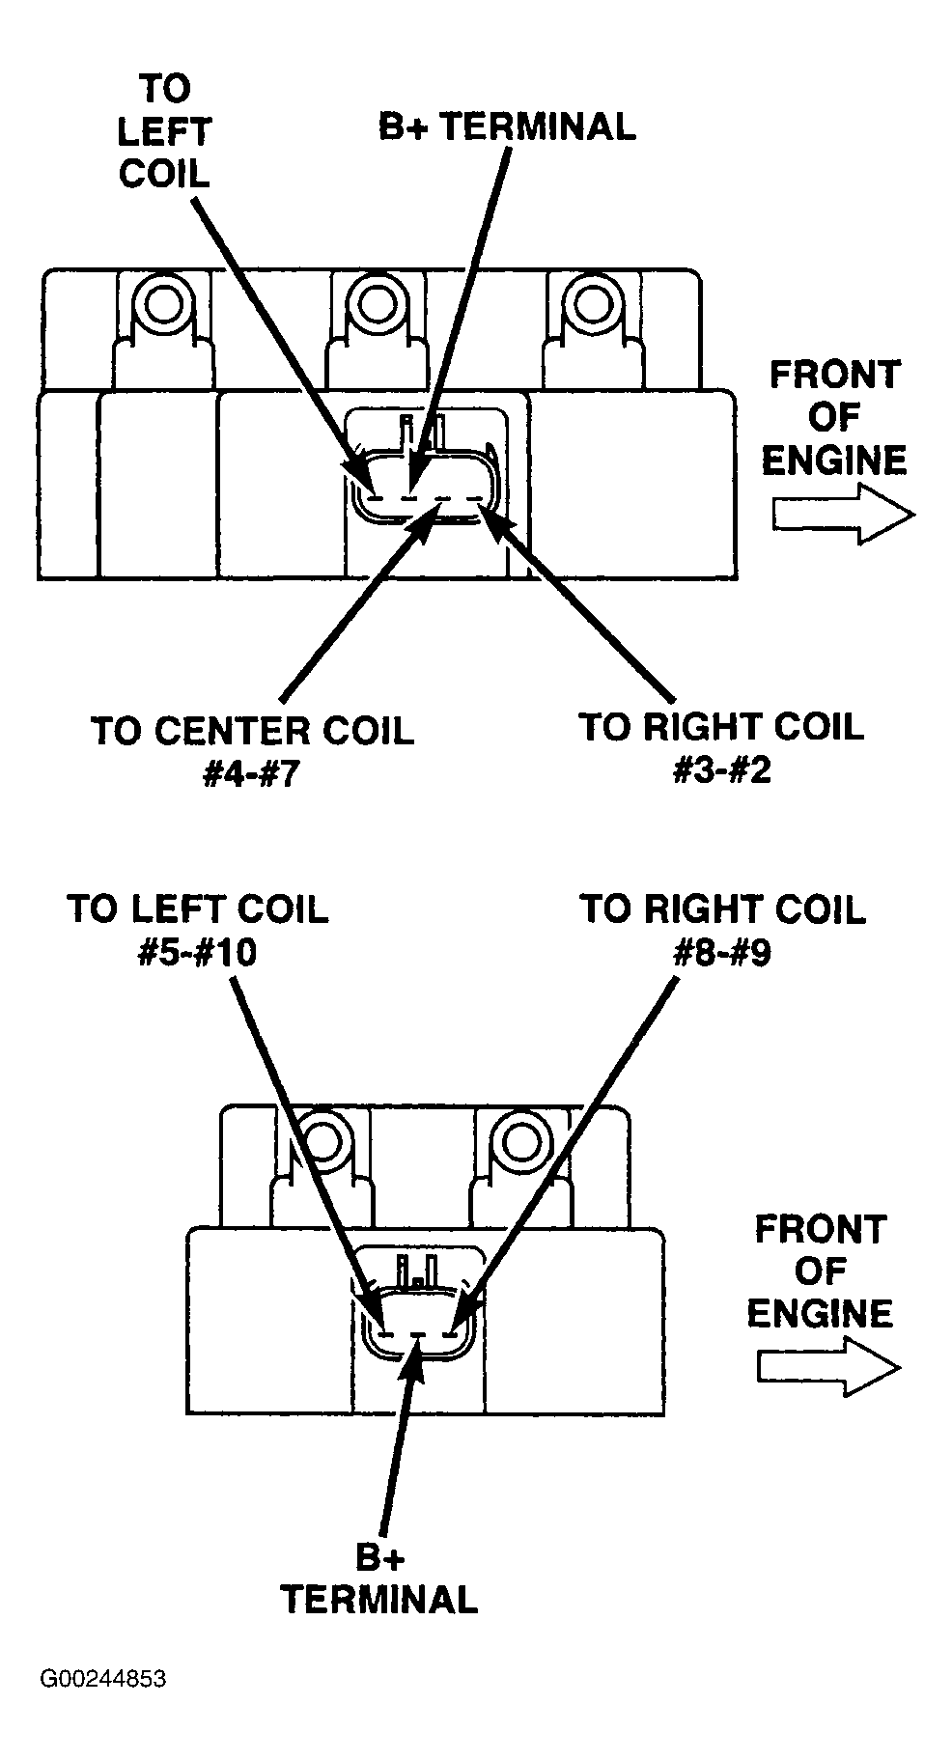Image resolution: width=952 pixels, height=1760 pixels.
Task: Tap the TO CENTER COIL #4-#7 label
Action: tap(252, 751)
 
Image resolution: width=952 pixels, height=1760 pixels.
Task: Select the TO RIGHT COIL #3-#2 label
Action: tap(721, 747)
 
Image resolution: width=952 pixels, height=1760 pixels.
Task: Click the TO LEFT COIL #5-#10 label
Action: tap(198, 930)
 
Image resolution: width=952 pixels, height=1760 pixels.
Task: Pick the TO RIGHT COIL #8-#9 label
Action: tap(722, 930)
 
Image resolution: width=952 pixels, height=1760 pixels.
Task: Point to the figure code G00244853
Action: tap(103, 1706)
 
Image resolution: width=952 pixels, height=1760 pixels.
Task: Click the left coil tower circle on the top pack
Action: tap(156, 305)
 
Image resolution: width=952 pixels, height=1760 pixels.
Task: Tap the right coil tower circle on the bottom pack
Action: tap(521, 1140)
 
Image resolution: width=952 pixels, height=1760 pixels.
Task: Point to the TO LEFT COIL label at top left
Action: tap(164, 131)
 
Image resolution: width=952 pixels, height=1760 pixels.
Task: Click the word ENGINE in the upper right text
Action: tap(835, 460)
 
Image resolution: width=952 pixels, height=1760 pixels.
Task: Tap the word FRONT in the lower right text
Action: tap(821, 1230)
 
